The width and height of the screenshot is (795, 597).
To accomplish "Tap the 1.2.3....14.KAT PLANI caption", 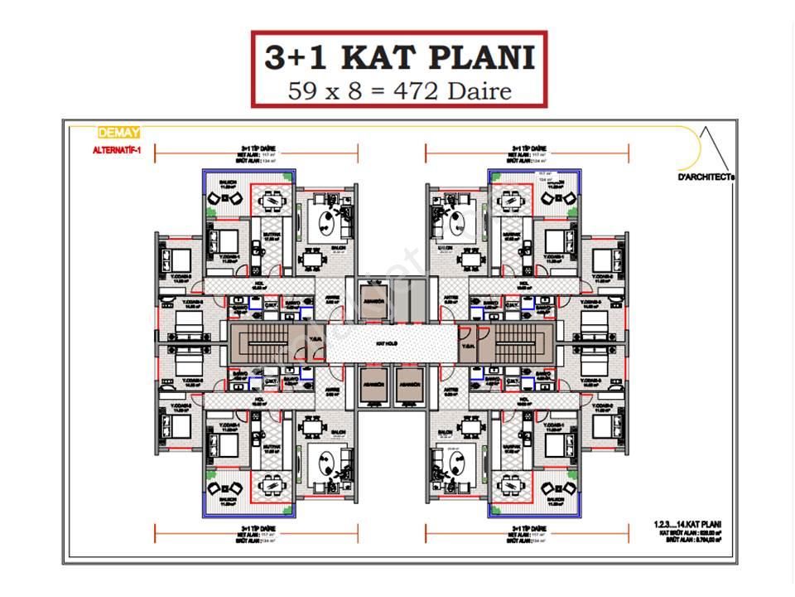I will click(x=688, y=525).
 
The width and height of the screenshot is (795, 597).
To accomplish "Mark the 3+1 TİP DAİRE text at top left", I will click(x=258, y=149).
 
